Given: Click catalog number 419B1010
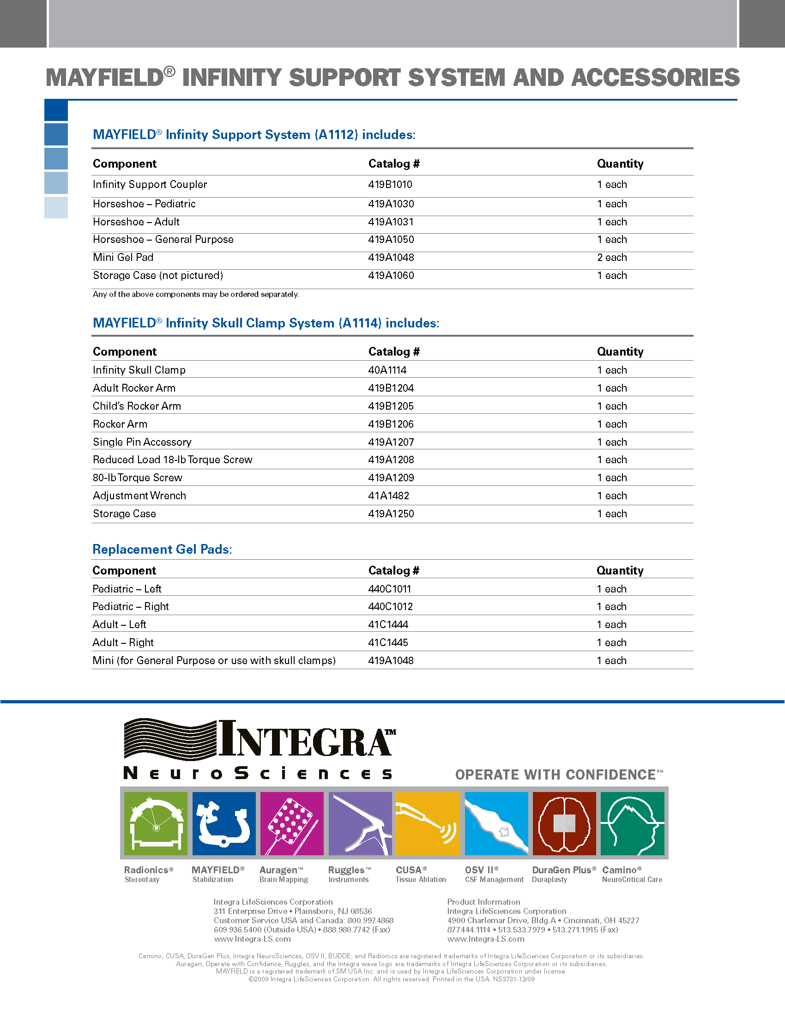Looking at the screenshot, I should coord(390,185).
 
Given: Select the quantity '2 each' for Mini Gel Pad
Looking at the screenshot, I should coord(611,258).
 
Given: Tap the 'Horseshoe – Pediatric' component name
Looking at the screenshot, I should coord(144,204).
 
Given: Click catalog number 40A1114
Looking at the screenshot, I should coord(387,370).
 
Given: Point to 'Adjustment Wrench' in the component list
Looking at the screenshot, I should coord(139,496).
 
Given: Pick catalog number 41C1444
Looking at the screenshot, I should coord(388,625).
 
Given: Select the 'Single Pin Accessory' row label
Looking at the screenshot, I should coord(142,442).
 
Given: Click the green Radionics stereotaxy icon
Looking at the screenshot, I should coord(156,823).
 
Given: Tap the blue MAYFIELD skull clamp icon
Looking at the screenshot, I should coord(223,823).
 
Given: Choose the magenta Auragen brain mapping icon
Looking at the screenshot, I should coord(291,823).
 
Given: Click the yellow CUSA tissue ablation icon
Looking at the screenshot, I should coord(428,823).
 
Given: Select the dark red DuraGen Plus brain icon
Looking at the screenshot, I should coord(564,823).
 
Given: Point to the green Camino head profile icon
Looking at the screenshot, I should coord(633,823).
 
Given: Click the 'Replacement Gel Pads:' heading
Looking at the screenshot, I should coord(162,550).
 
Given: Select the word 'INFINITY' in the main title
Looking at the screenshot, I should coord(232,78).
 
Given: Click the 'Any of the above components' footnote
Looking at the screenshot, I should coord(196,295).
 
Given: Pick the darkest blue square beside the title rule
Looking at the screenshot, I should coord(56,111).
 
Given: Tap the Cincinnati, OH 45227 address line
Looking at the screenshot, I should coord(543,920).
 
